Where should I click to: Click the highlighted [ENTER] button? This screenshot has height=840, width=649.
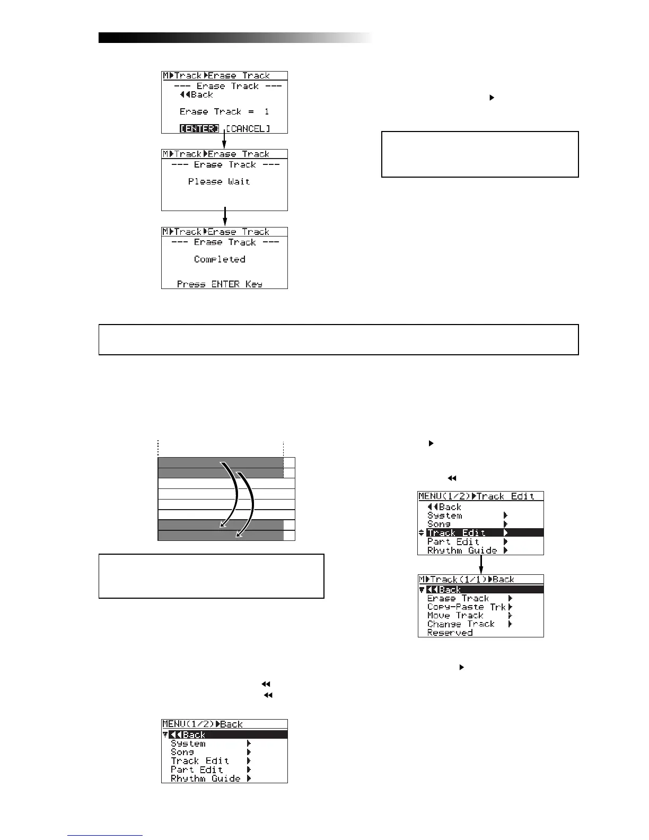pos(199,129)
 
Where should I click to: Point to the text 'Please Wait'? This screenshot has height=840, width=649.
pos(219,181)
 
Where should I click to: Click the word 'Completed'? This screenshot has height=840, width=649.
pos(220,259)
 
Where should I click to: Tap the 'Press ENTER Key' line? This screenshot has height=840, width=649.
pos(220,284)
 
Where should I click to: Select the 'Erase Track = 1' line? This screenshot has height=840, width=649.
pos(224,112)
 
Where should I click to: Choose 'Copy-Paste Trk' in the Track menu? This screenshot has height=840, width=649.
pos(467,607)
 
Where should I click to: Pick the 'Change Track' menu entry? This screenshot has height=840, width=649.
pos(461,624)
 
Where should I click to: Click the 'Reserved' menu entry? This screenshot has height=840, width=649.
pos(450,633)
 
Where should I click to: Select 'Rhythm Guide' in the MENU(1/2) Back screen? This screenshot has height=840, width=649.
pos(206,778)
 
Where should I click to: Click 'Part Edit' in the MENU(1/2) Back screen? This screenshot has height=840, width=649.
pos(197,769)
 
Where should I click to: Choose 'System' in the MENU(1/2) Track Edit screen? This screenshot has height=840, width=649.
pos(445,515)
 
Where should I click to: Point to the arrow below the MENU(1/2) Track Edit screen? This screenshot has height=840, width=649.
pos(481,564)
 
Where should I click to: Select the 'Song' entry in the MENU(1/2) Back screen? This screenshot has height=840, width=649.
pos(182,752)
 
